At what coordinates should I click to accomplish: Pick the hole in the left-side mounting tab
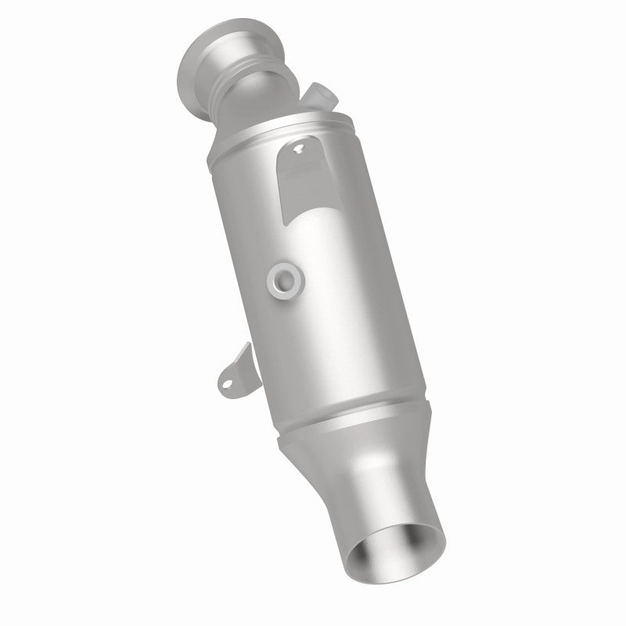coord(224,382)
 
